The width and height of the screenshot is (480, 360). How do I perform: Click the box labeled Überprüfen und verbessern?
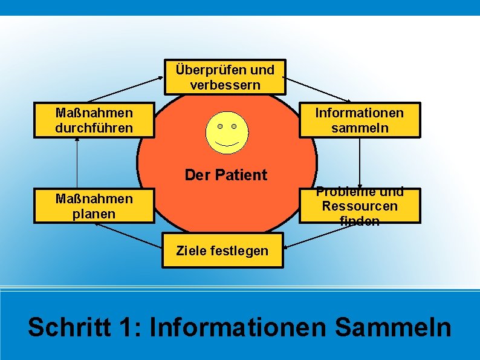tap(225, 77)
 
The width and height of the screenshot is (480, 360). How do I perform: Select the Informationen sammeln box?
tap(359, 120)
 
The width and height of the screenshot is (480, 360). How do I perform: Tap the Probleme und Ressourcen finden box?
tap(359, 206)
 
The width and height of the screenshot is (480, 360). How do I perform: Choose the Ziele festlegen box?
tap(222, 250)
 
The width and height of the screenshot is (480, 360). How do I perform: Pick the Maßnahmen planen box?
tap(94, 206)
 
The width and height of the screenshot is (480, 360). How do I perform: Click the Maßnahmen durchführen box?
tap(94, 120)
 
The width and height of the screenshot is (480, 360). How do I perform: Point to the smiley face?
tap(227, 132)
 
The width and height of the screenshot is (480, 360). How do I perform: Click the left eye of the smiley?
tap(220, 126)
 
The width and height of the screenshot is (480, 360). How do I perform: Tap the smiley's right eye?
tap(234, 126)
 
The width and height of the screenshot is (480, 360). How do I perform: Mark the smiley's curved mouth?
tap(227, 145)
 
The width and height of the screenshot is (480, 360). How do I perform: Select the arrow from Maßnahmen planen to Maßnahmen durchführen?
tap(77, 163)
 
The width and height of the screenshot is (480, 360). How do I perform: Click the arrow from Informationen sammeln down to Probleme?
tap(360, 163)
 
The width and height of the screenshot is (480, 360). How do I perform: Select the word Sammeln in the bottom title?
tap(392, 328)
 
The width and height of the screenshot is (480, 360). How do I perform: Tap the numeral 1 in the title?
tap(126, 328)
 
